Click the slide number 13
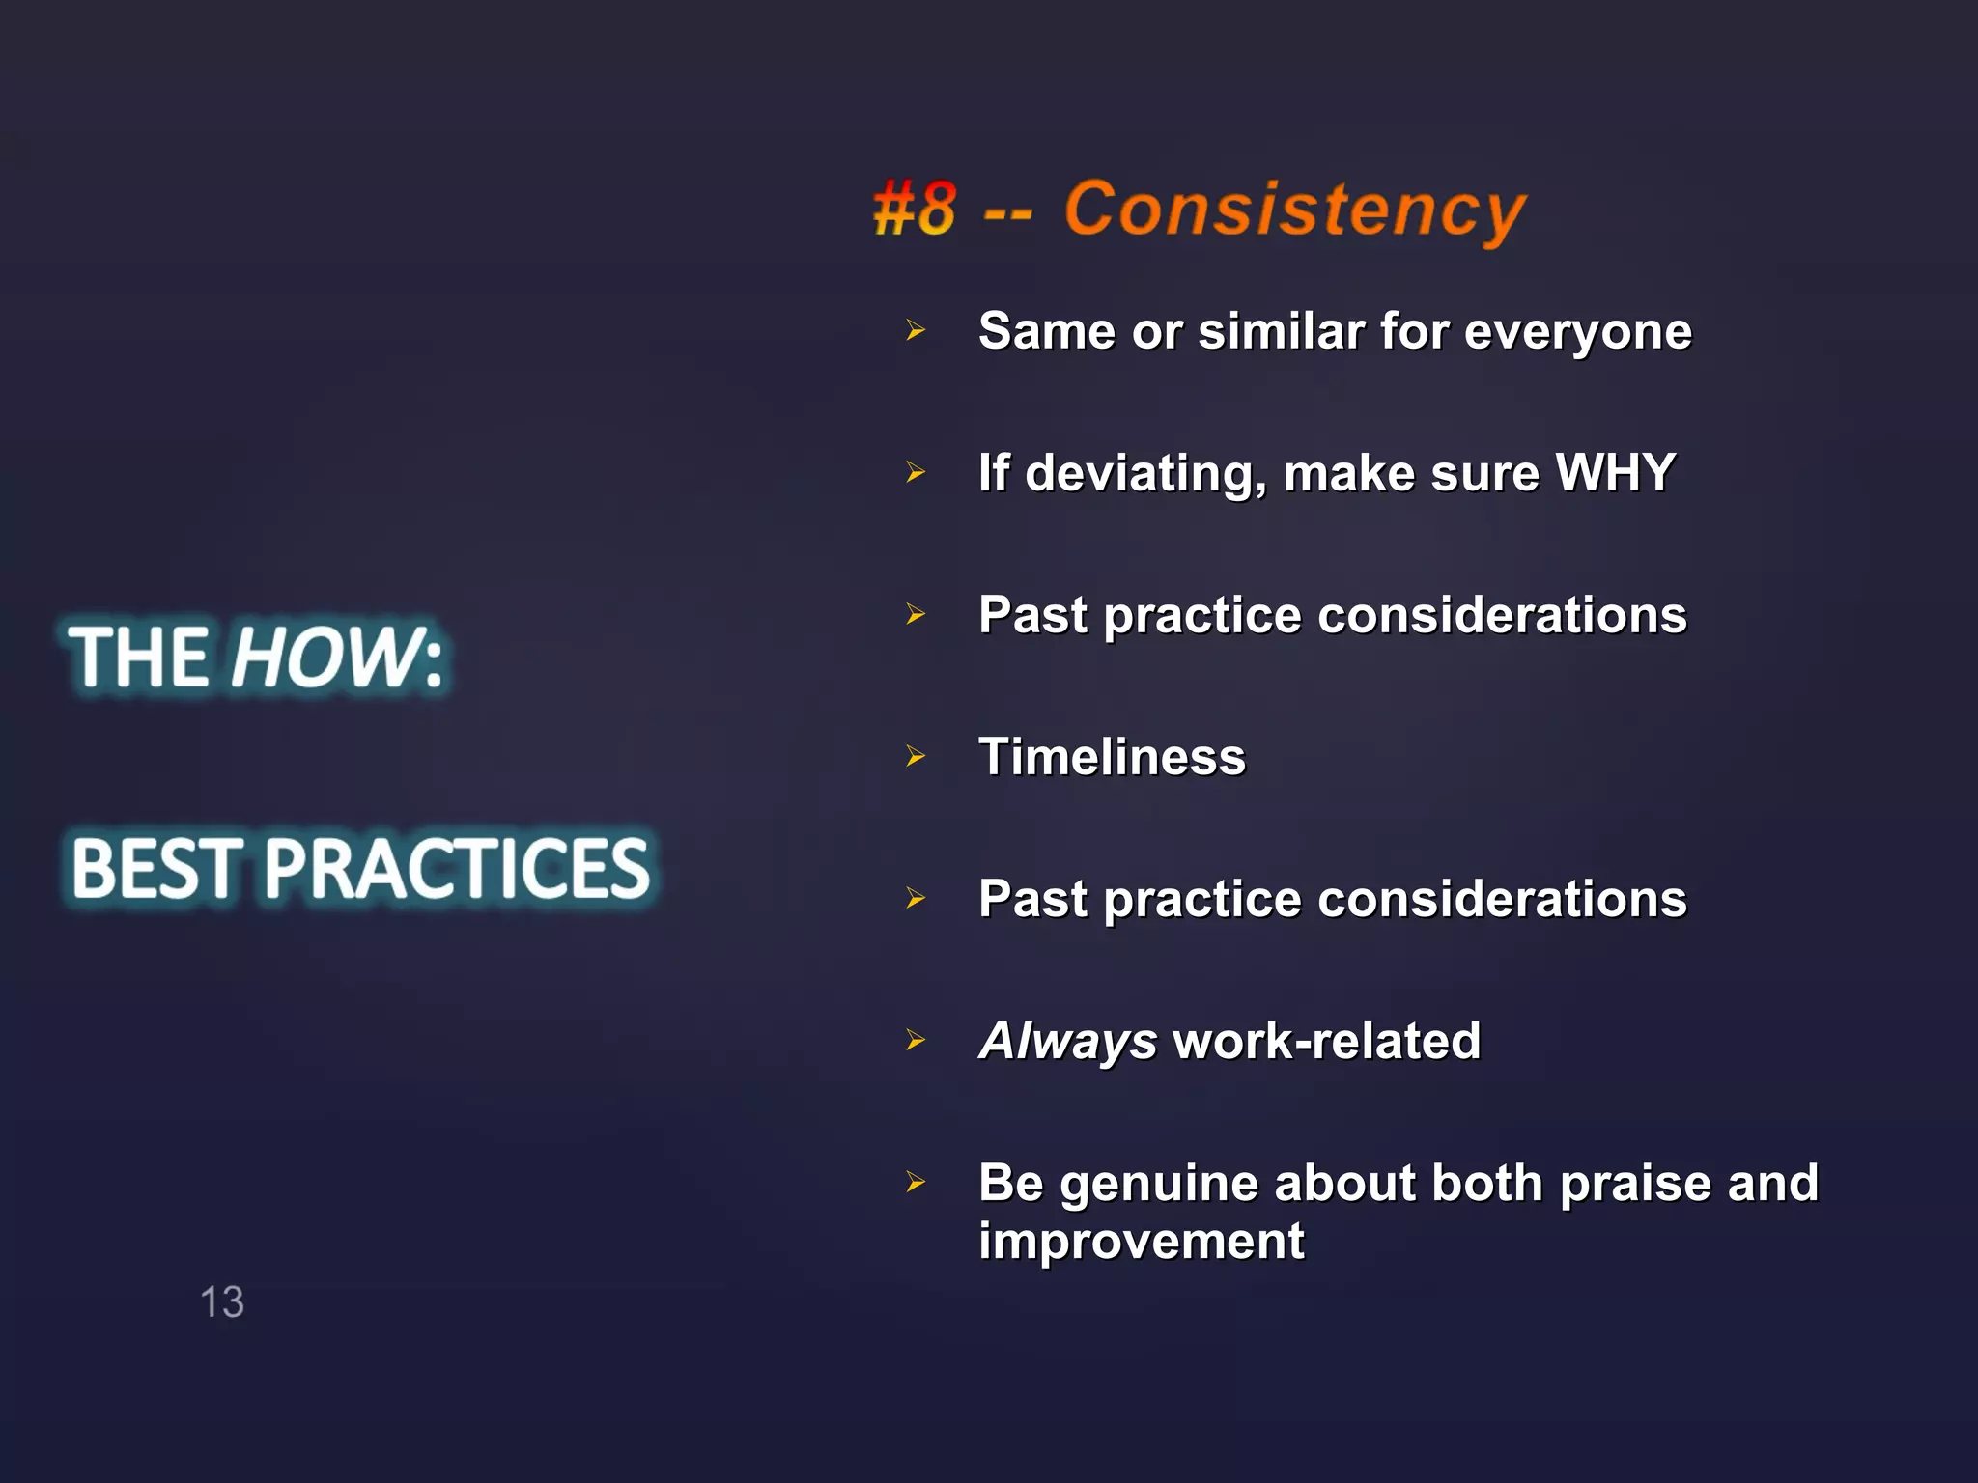click(x=222, y=1301)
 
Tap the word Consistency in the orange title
click(x=1294, y=210)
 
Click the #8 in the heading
click(x=915, y=210)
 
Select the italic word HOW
click(x=324, y=658)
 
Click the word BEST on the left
click(x=156, y=868)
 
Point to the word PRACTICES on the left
click(x=458, y=868)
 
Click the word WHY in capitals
click(x=1616, y=473)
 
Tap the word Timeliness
click(x=1112, y=757)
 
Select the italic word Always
click(x=1067, y=1042)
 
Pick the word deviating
click(x=1145, y=474)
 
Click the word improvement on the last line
click(x=1141, y=1241)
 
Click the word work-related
click(x=1326, y=1041)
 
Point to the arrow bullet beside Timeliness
click(x=916, y=756)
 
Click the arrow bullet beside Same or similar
click(x=916, y=331)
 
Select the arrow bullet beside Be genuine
click(x=916, y=1182)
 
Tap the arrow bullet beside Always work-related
click(x=916, y=1040)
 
